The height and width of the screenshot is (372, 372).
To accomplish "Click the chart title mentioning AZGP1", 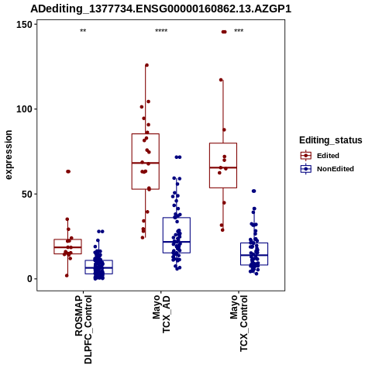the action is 160,9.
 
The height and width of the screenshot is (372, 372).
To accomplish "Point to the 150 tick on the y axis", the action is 24,25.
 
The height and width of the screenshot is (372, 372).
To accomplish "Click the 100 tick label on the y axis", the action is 24,109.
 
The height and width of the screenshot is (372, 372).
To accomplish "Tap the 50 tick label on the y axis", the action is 27,194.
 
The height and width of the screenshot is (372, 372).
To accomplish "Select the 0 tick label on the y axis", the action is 30,279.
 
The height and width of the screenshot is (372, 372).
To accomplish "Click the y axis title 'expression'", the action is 9,155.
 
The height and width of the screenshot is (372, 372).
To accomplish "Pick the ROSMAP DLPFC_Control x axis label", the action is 83,329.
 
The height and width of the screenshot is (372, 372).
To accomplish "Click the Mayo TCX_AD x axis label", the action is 161,314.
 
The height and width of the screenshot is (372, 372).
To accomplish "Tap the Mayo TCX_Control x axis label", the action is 239,323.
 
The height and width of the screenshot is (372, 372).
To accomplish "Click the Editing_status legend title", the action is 331,140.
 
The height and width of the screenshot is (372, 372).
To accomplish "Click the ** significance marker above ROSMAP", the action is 83,31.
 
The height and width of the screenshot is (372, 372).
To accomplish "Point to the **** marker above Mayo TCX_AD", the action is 161,31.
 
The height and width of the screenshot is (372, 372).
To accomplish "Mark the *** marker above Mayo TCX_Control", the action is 239,31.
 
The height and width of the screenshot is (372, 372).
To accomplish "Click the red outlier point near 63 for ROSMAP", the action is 68,171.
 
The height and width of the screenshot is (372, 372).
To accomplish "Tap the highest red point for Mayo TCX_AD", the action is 146,65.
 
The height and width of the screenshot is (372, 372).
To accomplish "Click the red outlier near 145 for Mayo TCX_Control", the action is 224,32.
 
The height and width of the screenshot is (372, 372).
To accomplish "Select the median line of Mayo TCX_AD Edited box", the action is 146,163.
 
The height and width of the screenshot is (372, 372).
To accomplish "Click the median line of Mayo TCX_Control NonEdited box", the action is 254,255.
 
